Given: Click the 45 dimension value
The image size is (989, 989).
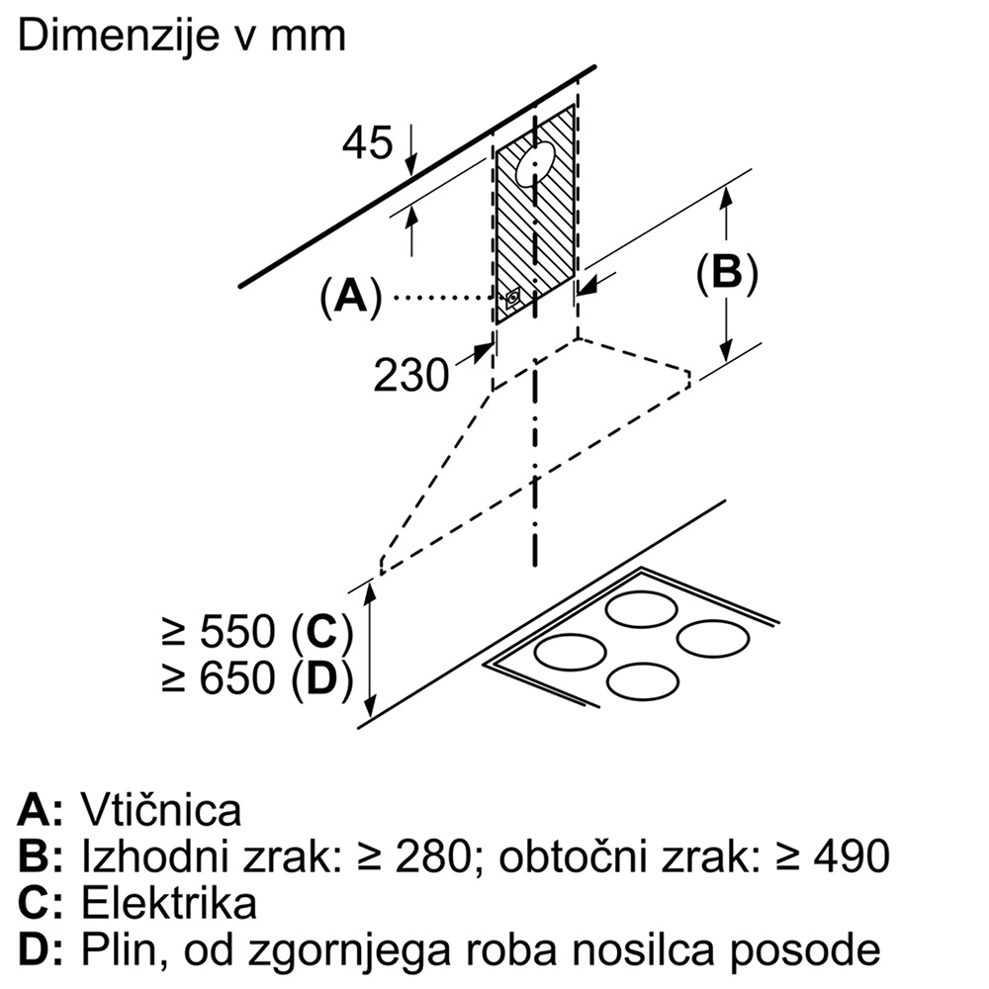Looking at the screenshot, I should click(x=368, y=144).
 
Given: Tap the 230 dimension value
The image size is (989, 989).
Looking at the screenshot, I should click(x=411, y=375).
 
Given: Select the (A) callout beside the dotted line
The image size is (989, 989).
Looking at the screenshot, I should click(x=350, y=296).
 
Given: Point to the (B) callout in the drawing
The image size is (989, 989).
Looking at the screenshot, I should click(x=727, y=273).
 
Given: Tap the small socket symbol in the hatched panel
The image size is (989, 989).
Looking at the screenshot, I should click(x=512, y=301).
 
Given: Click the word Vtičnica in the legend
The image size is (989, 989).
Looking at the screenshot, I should click(x=161, y=810).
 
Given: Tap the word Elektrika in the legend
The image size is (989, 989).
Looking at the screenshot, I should click(x=169, y=904).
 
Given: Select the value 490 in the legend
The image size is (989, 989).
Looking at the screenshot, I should click(x=852, y=856).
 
